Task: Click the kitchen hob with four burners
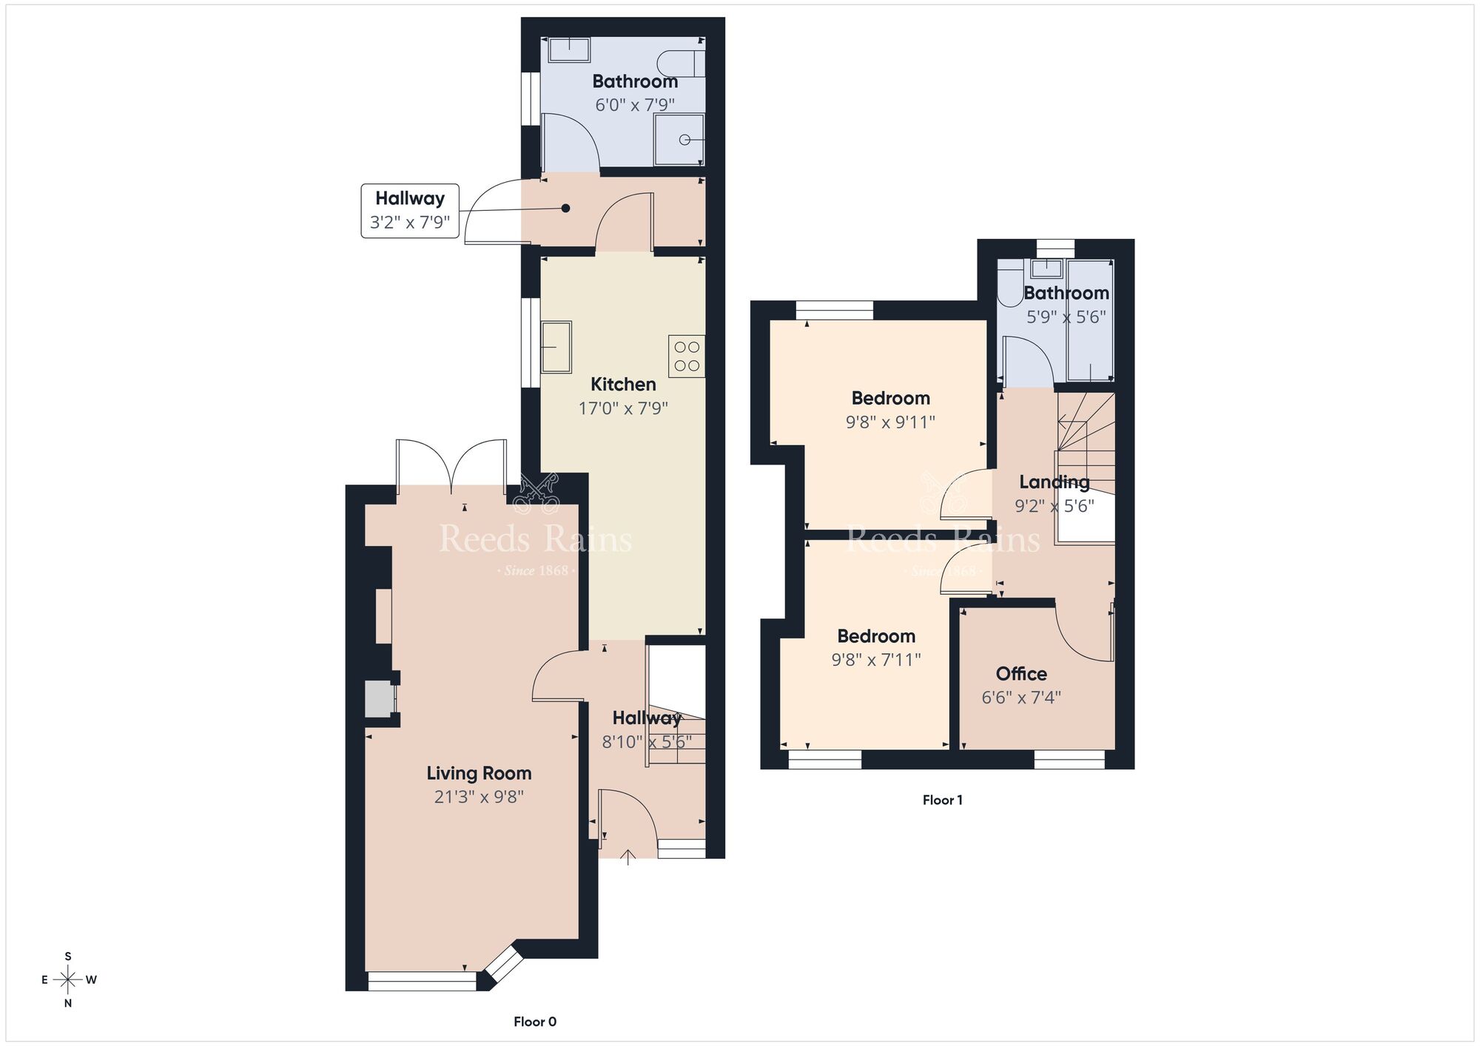coord(687,357)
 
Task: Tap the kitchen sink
coord(556,347)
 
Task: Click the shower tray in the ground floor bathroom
coord(679,140)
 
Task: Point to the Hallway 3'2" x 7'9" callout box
coord(410,211)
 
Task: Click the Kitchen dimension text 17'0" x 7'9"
coord(623,408)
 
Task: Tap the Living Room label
coord(479,774)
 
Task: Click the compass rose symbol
coord(68,980)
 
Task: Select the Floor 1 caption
coord(942,800)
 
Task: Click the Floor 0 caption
coord(534,1022)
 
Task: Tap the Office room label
coord(1021,674)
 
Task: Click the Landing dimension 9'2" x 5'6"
coord(1054,507)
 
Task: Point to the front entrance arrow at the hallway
coord(628,857)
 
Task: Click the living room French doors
coord(451,466)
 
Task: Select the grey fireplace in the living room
coord(378,700)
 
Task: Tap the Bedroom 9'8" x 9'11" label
coord(890,399)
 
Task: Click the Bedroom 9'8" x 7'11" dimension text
coord(875,660)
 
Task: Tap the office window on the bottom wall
coord(1069,760)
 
